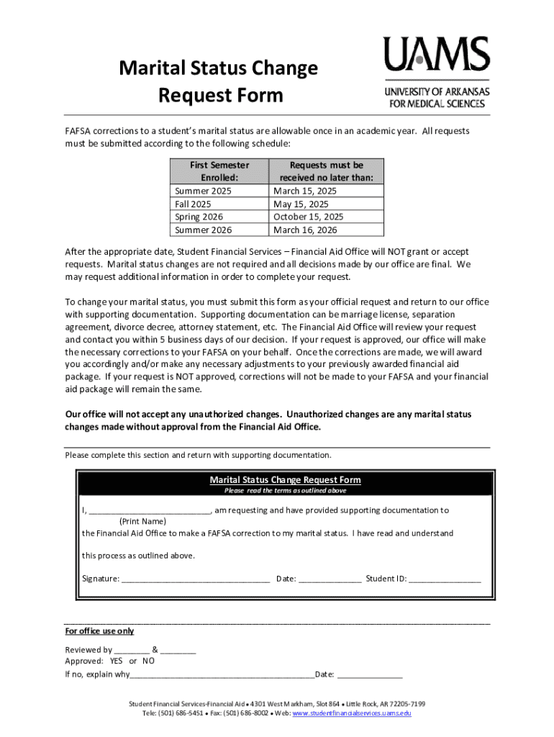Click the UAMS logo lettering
coord(436,54)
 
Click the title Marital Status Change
coord(218,69)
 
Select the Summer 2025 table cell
coord(199,191)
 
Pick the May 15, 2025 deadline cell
coord(301,204)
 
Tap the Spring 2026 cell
coord(199,217)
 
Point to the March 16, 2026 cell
coord(305,230)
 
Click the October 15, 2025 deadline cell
coord(309,217)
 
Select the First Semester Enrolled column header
coord(219,171)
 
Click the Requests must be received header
coord(326,171)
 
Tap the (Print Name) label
coord(142,521)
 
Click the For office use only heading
coord(99,631)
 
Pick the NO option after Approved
coord(148,661)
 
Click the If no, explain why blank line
coord(222,675)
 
